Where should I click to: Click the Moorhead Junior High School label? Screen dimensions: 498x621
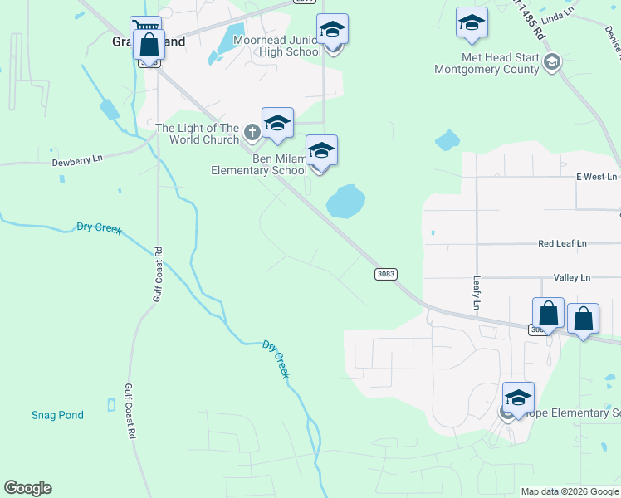pyautogui.click(x=276, y=46)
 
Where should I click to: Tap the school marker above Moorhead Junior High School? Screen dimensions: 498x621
pyautogui.click(x=332, y=30)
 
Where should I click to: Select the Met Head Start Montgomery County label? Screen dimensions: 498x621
pyautogui.click(x=487, y=64)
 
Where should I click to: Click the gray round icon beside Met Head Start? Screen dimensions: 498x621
pyautogui.click(x=551, y=61)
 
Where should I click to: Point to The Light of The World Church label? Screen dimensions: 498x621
pyautogui.click(x=198, y=134)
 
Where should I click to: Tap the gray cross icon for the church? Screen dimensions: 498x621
pyautogui.click(x=252, y=131)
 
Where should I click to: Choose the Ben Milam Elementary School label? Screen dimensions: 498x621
pyautogui.click(x=258, y=165)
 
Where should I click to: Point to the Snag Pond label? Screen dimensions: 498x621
pyautogui.click(x=57, y=415)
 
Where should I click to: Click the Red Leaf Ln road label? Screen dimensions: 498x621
pyautogui.click(x=562, y=243)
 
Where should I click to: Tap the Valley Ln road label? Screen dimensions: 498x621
pyautogui.click(x=571, y=278)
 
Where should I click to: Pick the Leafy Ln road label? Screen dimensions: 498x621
pyautogui.click(x=477, y=294)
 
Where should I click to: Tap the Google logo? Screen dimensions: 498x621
pyautogui.click(x=27, y=488)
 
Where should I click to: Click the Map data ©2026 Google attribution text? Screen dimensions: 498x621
pyautogui.click(x=569, y=491)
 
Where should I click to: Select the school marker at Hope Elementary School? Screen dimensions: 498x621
pyautogui.click(x=518, y=398)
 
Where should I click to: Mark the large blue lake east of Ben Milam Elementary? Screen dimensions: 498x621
pyautogui.click(x=345, y=202)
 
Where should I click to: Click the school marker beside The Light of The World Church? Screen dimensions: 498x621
pyautogui.click(x=277, y=124)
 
